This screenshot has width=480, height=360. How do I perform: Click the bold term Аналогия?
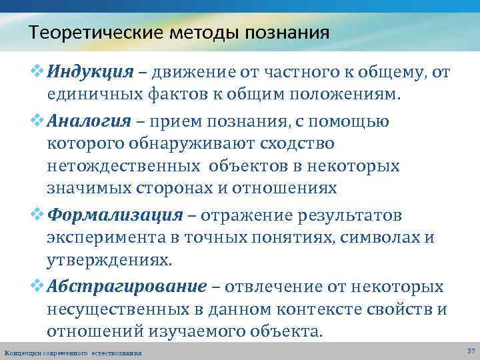tap(85, 121)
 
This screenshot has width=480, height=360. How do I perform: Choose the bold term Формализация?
tap(115, 215)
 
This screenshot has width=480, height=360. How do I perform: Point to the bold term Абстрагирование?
tap(127, 287)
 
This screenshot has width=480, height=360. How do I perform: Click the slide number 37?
tap(471, 351)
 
